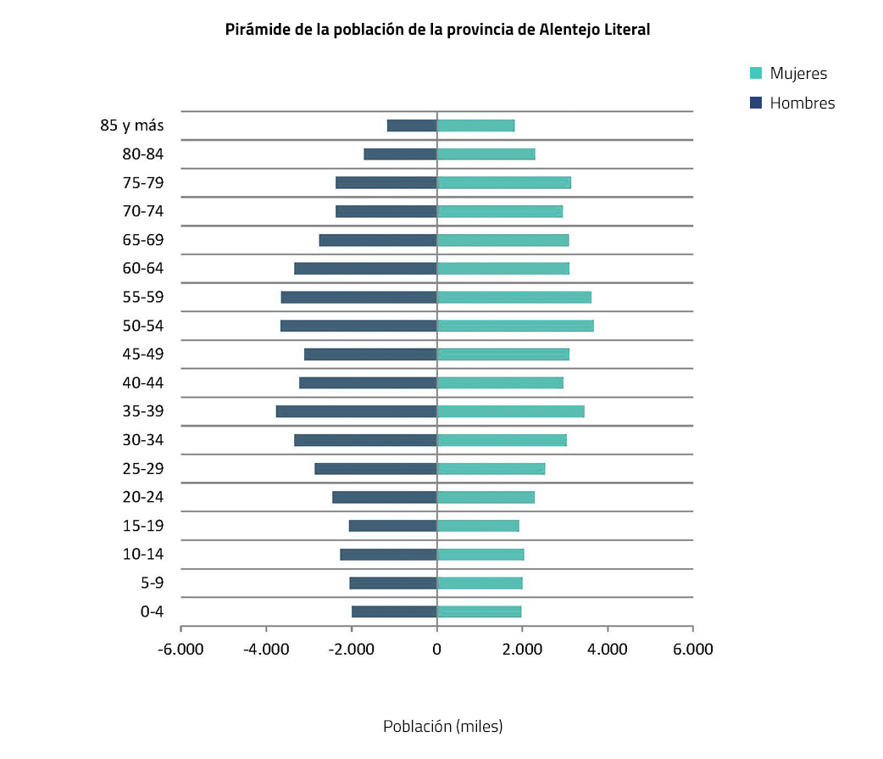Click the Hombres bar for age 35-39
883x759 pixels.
tap(356, 411)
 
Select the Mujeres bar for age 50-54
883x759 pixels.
tap(514, 326)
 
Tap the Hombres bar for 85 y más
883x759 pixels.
tap(412, 126)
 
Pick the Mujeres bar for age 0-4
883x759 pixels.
tap(479, 611)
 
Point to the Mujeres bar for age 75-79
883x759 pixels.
tap(503, 182)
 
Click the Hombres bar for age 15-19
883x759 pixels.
tap(392, 526)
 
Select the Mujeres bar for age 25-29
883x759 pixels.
tap(491, 469)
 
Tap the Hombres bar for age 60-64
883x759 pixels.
tap(365, 269)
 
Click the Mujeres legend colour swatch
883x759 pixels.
tap(756, 74)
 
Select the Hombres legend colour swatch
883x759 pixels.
tap(756, 103)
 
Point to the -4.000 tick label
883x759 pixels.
tap(266, 650)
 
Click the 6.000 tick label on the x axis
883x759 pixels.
tap(692, 650)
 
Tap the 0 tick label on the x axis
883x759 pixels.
tap(436, 650)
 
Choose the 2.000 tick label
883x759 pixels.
tap(522, 650)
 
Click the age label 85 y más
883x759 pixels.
tap(131, 126)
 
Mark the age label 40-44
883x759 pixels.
tap(142, 382)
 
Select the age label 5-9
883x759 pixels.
tap(152, 583)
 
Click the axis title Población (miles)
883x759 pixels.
tap(442, 727)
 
